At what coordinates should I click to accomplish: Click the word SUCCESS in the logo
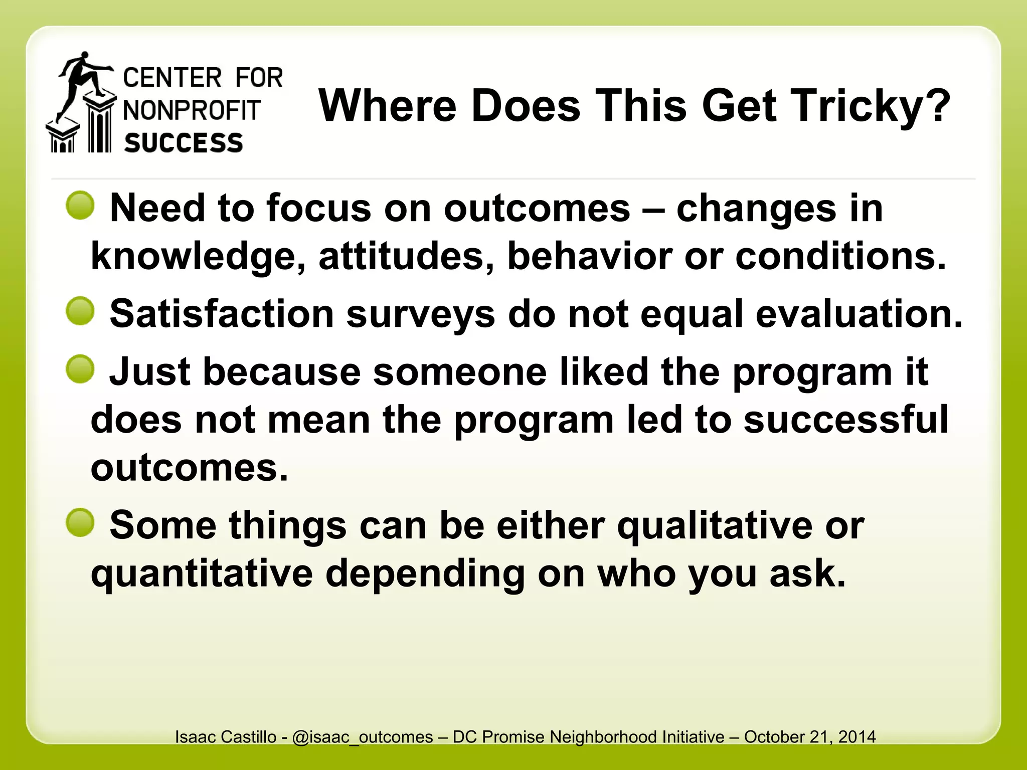[184, 143]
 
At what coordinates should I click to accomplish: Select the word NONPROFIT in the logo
[192, 110]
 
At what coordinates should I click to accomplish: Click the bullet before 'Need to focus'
[80, 206]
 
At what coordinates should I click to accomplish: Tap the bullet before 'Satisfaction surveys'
[80, 311]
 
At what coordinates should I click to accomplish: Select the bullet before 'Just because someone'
[80, 369]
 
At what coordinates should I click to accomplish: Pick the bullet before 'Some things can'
[80, 523]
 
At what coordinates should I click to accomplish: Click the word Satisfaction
[222, 314]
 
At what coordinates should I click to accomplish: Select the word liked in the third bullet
[604, 372]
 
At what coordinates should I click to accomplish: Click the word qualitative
[715, 526]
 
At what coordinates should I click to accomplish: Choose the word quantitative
[202, 574]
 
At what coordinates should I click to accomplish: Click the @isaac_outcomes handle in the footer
[362, 737]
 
